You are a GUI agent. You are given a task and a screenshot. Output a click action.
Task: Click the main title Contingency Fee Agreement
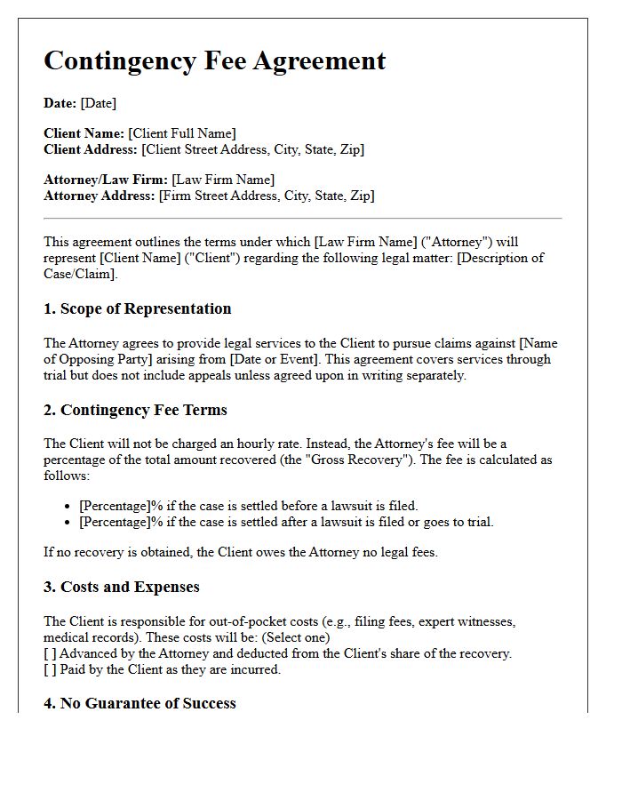214,60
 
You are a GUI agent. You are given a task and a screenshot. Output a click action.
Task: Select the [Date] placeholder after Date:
98,103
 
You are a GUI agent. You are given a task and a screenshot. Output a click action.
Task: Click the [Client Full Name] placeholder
182,133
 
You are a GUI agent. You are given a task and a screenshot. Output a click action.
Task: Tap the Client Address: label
91,149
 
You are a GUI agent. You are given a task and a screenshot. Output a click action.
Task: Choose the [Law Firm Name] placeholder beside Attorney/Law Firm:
223,180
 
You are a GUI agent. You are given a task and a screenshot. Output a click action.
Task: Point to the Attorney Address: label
99,196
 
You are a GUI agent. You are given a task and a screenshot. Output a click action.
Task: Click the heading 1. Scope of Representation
137,308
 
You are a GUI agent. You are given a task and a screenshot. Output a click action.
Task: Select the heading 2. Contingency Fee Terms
135,410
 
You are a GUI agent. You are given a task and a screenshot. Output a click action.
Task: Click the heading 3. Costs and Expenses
121,587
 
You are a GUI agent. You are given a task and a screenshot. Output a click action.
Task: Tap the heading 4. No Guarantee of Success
140,703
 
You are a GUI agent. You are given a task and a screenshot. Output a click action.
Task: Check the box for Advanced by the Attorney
50,653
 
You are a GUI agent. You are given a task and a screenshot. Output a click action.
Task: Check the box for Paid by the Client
50,669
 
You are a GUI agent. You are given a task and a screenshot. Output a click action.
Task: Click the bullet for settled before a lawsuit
69,507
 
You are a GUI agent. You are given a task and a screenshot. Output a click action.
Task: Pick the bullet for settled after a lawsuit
69,523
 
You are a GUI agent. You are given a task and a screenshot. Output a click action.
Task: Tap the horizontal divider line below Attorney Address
302,218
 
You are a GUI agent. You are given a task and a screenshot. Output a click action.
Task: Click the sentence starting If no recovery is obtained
241,552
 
